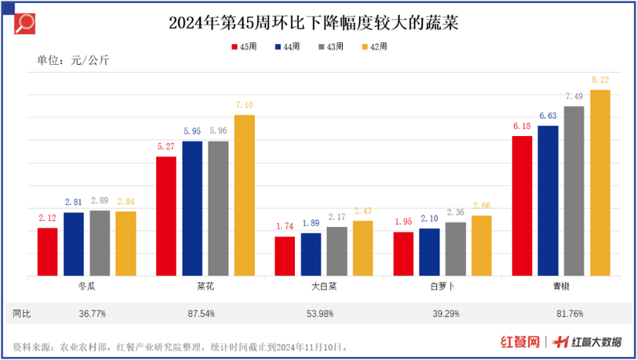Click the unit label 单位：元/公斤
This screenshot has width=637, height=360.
(x=73, y=61)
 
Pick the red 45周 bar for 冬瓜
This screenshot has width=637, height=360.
(x=48, y=252)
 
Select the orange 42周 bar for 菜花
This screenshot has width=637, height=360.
(x=244, y=195)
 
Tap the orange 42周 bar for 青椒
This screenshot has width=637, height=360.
(x=600, y=182)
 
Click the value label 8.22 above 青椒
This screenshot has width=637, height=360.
(x=600, y=80)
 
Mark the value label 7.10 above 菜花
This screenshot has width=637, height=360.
(x=244, y=106)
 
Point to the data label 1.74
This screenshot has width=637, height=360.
(x=285, y=227)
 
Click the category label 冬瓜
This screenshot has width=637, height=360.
(x=86, y=286)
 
